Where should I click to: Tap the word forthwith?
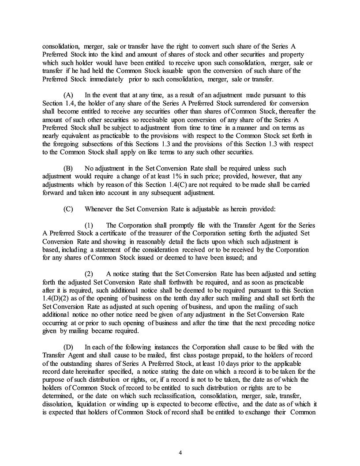[192, 282]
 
